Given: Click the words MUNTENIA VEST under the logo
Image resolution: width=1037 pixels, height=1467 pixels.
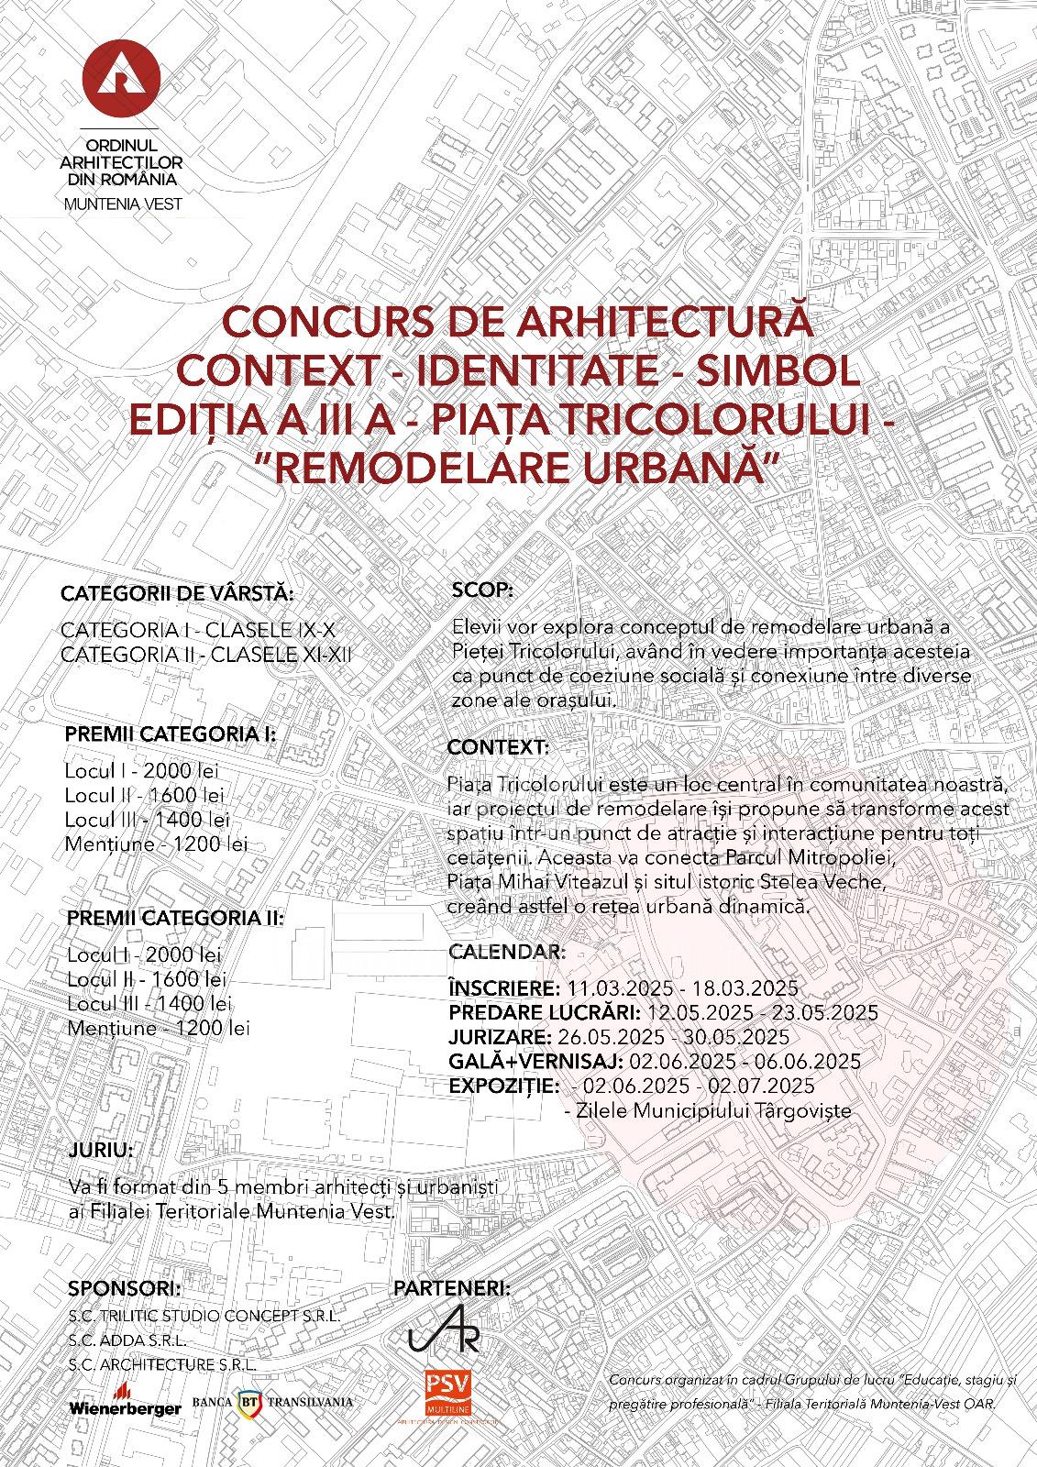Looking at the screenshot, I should click(123, 204).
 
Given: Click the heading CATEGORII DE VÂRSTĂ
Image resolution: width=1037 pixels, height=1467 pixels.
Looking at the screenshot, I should click(177, 593).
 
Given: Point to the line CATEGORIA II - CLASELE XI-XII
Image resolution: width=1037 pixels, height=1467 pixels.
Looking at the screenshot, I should click(205, 655).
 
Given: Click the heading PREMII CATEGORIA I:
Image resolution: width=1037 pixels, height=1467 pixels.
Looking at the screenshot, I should click(171, 734).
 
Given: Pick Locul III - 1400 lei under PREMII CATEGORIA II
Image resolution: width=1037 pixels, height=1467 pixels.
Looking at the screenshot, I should click(149, 1004).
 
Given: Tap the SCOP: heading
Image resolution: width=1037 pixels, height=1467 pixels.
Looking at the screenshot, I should click(484, 590).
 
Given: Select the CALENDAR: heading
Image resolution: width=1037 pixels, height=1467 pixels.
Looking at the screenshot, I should click(507, 952).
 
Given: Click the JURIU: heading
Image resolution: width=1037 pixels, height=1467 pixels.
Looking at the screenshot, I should click(100, 1150).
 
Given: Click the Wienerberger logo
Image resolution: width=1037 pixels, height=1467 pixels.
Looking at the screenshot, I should click(125, 1407).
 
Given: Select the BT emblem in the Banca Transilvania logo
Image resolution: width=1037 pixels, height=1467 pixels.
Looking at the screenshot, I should click(248, 1401).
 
